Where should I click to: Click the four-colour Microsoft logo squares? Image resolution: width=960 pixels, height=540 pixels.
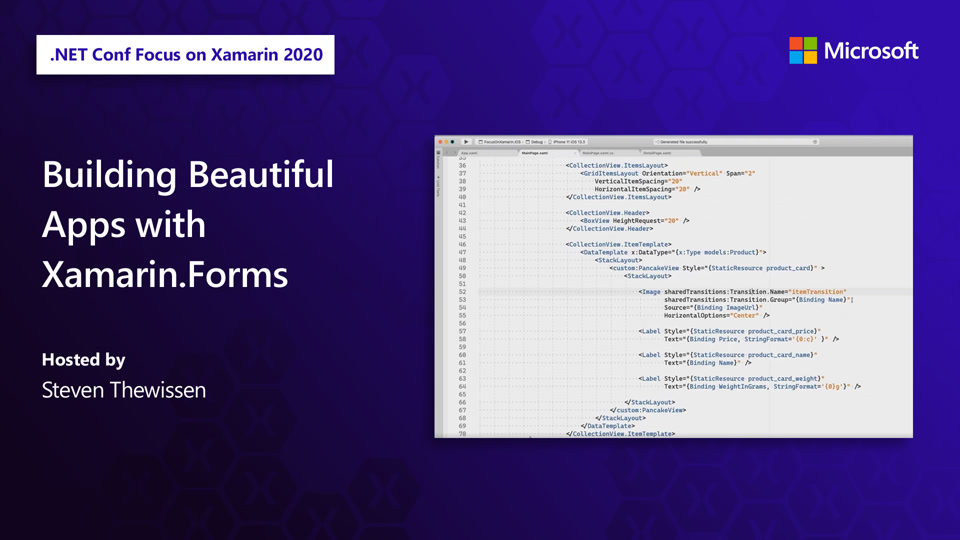click(x=803, y=50)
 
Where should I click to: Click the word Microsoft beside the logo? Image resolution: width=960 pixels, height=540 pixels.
click(x=872, y=51)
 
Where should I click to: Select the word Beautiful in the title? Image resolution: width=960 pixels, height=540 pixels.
click(x=260, y=175)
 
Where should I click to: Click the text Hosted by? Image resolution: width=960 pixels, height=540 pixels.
click(x=83, y=360)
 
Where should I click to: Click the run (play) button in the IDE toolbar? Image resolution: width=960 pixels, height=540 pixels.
click(x=466, y=142)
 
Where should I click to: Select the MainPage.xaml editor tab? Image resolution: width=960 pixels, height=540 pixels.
click(x=535, y=153)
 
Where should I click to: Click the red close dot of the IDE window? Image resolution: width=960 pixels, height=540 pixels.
click(x=439, y=142)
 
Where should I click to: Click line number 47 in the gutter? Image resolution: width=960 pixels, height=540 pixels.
click(x=462, y=253)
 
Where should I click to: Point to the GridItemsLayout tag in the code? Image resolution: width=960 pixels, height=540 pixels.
click(x=611, y=174)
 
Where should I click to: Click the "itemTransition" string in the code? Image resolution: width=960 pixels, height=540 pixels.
click(x=818, y=292)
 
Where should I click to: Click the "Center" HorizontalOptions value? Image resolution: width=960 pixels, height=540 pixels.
click(x=743, y=316)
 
